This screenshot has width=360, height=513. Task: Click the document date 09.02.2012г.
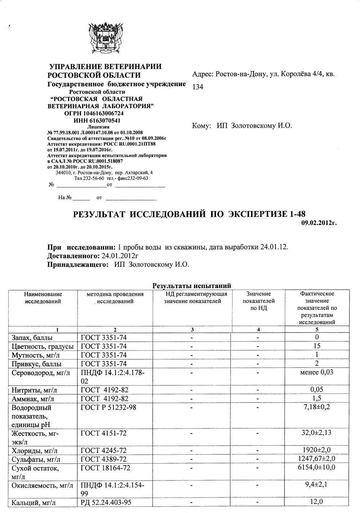tap(319, 223)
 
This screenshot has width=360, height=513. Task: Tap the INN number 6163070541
tap(97, 120)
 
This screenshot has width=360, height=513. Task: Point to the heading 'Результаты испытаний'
tap(192, 286)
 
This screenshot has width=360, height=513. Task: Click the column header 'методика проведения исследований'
tap(115, 298)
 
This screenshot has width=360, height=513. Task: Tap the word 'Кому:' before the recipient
tap(202, 126)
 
